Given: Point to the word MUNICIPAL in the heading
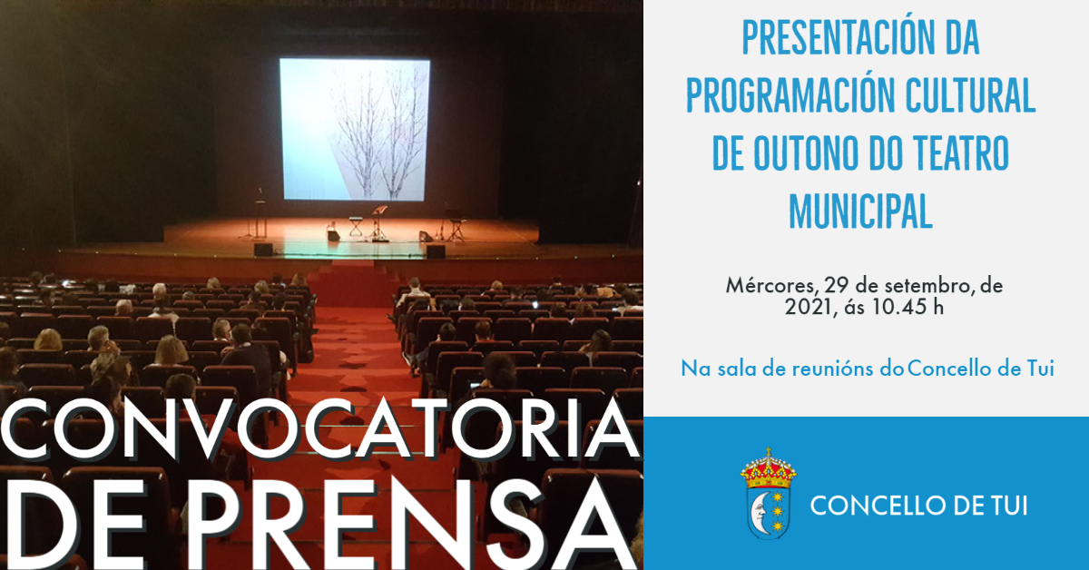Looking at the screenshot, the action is click(x=860, y=211).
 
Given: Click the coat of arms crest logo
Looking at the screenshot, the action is click(x=768, y=493).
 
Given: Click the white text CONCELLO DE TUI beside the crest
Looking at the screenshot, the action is click(x=918, y=506).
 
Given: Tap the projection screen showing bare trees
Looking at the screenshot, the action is click(x=355, y=130).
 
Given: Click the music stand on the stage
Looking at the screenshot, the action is click(x=378, y=222).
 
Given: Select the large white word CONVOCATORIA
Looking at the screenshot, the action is click(x=319, y=429).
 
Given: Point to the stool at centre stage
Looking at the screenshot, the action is click(x=356, y=226).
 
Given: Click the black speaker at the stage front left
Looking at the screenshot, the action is click(x=263, y=250).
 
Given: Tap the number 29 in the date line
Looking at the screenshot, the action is click(x=836, y=285).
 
